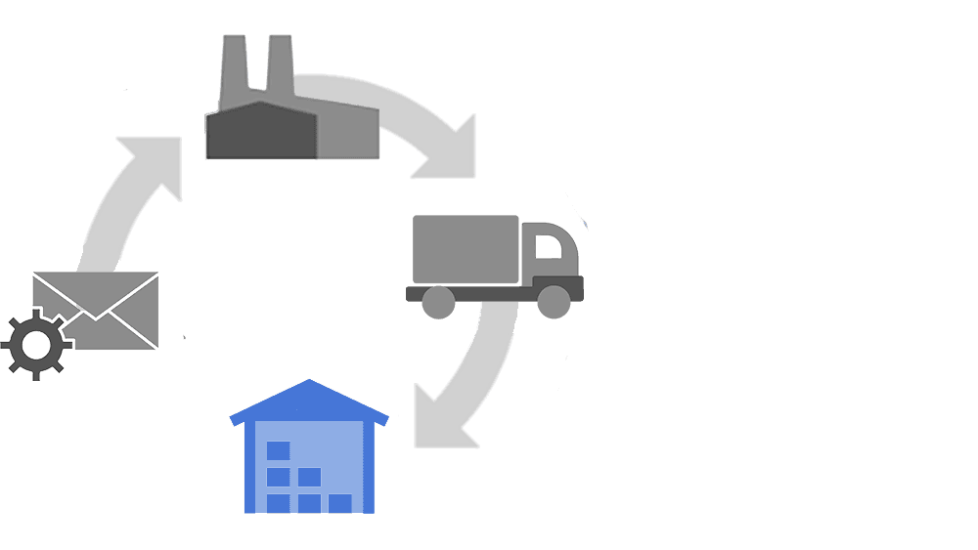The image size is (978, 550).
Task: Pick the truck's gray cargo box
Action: coord(465,249)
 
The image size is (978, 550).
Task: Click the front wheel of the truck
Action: coord(554,302)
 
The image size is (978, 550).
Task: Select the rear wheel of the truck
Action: coord(438,302)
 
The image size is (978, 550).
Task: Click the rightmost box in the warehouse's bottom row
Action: coord(339,503)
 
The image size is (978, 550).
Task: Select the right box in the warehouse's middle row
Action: coord(309,478)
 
